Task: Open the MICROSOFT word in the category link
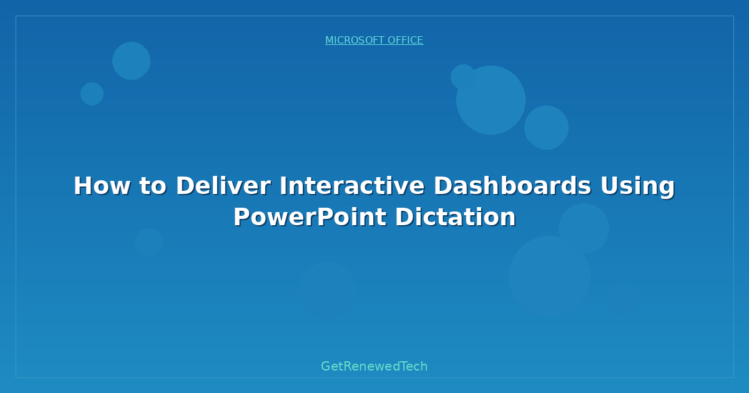[354, 41]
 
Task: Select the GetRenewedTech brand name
[374, 366]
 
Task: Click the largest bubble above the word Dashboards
[491, 100]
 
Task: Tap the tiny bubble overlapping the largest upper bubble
[463, 76]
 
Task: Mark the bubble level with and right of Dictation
[584, 228]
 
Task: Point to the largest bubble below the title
[549, 276]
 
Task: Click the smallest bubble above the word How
[92, 94]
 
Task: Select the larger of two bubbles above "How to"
[131, 61]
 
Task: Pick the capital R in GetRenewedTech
[346, 366]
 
